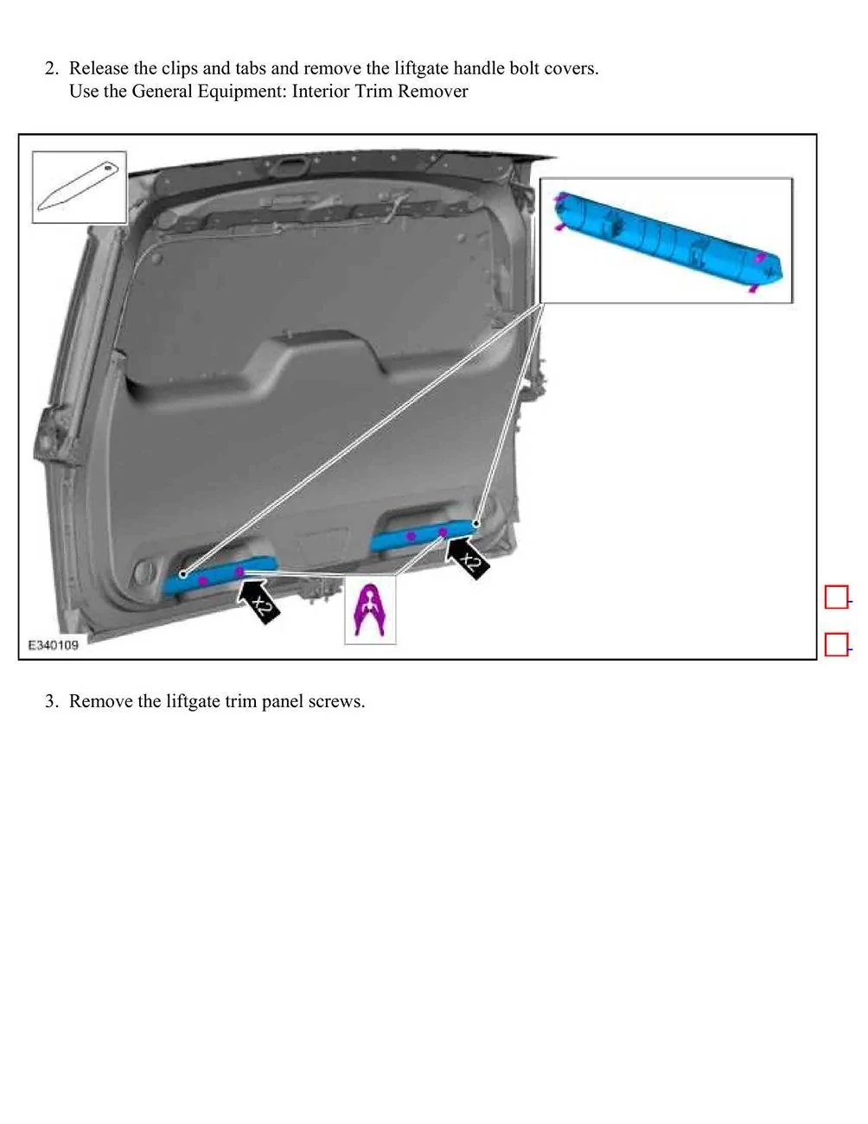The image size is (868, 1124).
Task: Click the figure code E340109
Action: [54, 645]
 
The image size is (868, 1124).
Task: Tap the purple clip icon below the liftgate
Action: [370, 610]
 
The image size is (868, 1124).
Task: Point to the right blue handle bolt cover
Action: [424, 535]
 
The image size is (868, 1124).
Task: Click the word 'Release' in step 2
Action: [99, 68]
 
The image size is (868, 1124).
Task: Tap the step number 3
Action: [51, 701]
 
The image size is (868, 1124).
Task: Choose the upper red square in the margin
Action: [836, 597]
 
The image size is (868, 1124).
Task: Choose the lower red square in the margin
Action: [836, 644]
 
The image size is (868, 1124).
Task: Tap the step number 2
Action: [51, 68]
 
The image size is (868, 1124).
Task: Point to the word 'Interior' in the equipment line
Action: [321, 91]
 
